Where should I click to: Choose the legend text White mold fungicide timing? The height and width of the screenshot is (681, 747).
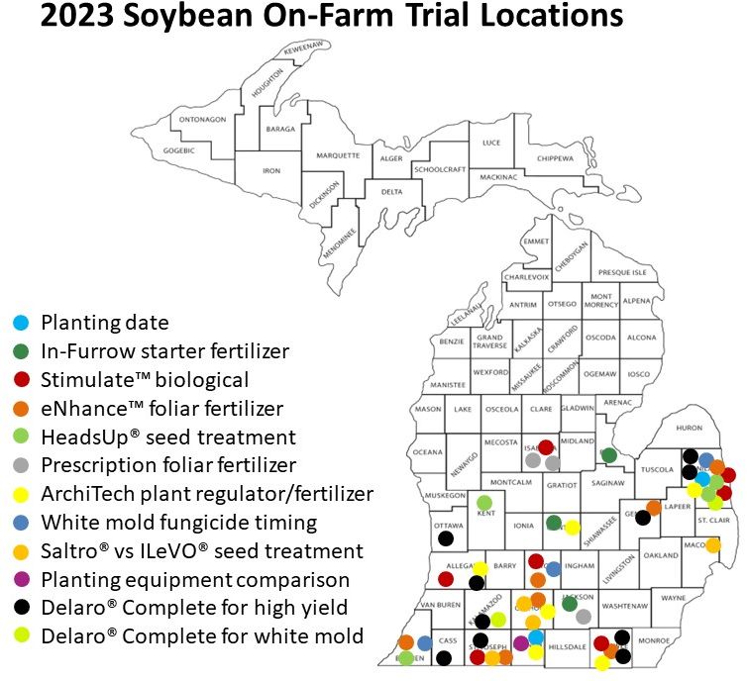point(178,522)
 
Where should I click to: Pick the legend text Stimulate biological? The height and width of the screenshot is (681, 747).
point(145,379)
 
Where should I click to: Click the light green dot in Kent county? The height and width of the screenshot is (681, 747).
point(484,503)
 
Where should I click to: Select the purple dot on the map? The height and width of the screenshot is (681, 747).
point(521,643)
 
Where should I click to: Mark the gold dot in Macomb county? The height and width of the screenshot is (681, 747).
point(712,544)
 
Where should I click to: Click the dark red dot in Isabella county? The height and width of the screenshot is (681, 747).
point(545,447)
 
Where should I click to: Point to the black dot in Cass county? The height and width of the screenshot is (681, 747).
point(444,657)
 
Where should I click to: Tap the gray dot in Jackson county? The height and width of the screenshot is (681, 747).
point(584,616)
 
